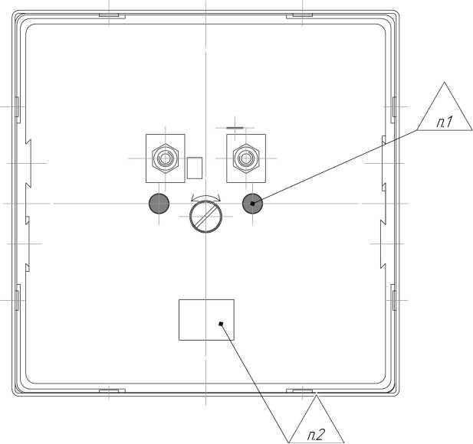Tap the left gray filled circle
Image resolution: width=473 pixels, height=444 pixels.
click(x=159, y=204)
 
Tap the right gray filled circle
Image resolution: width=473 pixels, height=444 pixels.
click(x=253, y=204)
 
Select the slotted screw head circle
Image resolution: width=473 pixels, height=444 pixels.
click(x=205, y=217)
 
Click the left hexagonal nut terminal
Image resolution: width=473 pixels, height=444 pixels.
click(x=166, y=158)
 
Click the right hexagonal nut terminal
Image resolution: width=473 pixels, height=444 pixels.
click(x=246, y=158)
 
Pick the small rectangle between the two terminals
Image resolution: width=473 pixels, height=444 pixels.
click(x=195, y=168)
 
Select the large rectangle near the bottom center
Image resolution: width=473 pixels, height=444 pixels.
click(x=206, y=320)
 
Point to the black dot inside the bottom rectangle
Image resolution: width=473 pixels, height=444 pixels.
click(x=221, y=324)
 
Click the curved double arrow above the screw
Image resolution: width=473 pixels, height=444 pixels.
click(x=205, y=198)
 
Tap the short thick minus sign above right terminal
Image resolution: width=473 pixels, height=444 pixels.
click(x=235, y=127)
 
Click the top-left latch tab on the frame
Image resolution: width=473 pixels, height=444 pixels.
click(x=112, y=15)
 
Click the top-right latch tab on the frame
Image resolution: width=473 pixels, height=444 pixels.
click(x=299, y=15)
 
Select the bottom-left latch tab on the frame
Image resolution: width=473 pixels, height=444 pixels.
click(x=112, y=390)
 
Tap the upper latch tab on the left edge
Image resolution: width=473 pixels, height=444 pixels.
click(x=18, y=109)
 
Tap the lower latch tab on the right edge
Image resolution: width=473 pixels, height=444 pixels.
click(x=394, y=297)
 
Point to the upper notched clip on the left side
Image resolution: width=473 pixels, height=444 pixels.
click(x=28, y=164)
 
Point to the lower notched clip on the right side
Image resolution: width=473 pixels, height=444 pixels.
click(x=383, y=244)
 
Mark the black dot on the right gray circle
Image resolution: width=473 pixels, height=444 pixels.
click(x=252, y=204)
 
